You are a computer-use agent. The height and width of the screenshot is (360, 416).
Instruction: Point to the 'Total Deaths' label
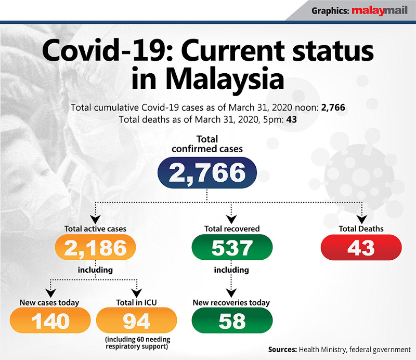click(361, 229)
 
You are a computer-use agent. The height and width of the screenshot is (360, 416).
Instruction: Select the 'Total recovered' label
click(232, 229)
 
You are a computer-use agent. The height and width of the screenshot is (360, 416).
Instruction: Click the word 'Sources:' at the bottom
click(285, 349)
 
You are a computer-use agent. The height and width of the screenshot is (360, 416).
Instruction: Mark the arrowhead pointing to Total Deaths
click(361, 218)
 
